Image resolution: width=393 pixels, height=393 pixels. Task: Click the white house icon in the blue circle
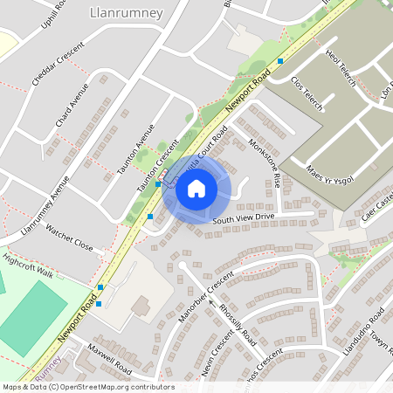(x=196, y=189)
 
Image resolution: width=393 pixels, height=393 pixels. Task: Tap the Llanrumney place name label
(x=120, y=13)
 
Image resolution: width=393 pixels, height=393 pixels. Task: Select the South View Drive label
(x=243, y=217)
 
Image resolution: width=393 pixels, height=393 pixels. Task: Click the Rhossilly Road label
(x=237, y=324)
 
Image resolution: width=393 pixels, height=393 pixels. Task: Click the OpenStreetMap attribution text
(x=87, y=387)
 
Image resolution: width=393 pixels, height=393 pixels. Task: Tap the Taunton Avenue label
(x=133, y=148)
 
